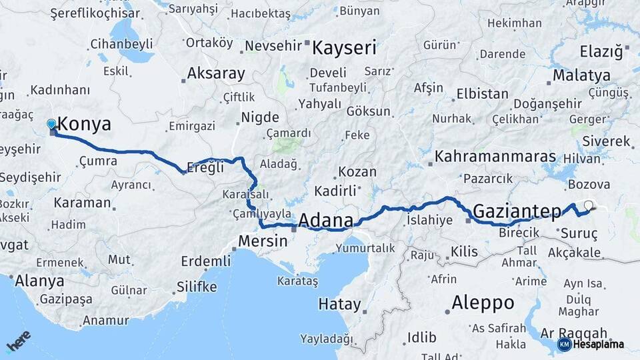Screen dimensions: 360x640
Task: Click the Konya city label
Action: coord(84,125)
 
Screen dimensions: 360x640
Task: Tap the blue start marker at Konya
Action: coord(51,123)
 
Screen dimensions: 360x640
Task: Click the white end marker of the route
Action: coord(589,205)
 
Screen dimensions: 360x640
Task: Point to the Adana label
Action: coord(325,220)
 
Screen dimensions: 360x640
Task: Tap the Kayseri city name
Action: coord(344,48)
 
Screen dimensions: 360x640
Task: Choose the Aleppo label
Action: coord(483,303)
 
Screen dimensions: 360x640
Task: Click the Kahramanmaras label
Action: coord(495,156)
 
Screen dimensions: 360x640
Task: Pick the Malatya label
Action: coord(581,74)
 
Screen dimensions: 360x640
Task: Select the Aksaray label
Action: coord(216,73)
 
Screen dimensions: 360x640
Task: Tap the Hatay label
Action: coord(339,304)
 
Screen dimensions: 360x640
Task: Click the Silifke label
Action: coord(197,287)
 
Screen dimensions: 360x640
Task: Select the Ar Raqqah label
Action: coord(574,333)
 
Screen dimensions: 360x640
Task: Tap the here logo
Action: coord(19,341)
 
